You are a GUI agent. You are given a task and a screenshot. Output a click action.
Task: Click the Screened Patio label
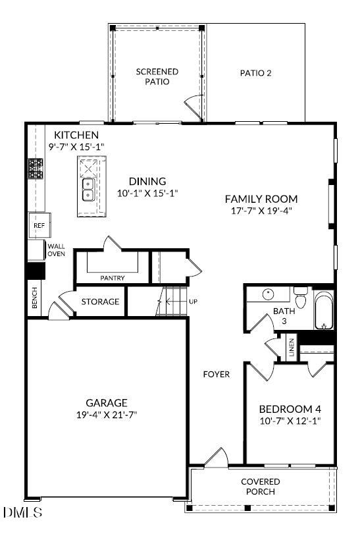[157, 76]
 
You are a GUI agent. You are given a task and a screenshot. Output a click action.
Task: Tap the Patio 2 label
[255, 73]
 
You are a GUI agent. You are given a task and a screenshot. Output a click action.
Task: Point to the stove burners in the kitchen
[36, 169]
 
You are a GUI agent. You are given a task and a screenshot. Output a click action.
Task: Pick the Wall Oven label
[56, 250]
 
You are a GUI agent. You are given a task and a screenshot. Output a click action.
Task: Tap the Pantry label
[113, 278]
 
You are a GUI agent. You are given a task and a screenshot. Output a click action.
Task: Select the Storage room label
[100, 302]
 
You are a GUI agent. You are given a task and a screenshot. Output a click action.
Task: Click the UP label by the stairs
[193, 302]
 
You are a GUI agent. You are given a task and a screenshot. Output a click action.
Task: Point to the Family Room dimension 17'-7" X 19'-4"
[261, 211]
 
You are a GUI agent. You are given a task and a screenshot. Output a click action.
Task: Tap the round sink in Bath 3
[269, 294]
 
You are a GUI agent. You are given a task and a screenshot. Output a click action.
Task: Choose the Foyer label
[216, 374]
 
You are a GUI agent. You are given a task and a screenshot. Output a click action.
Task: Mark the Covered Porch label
[260, 487]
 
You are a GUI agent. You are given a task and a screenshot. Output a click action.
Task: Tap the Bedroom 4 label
[289, 408]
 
